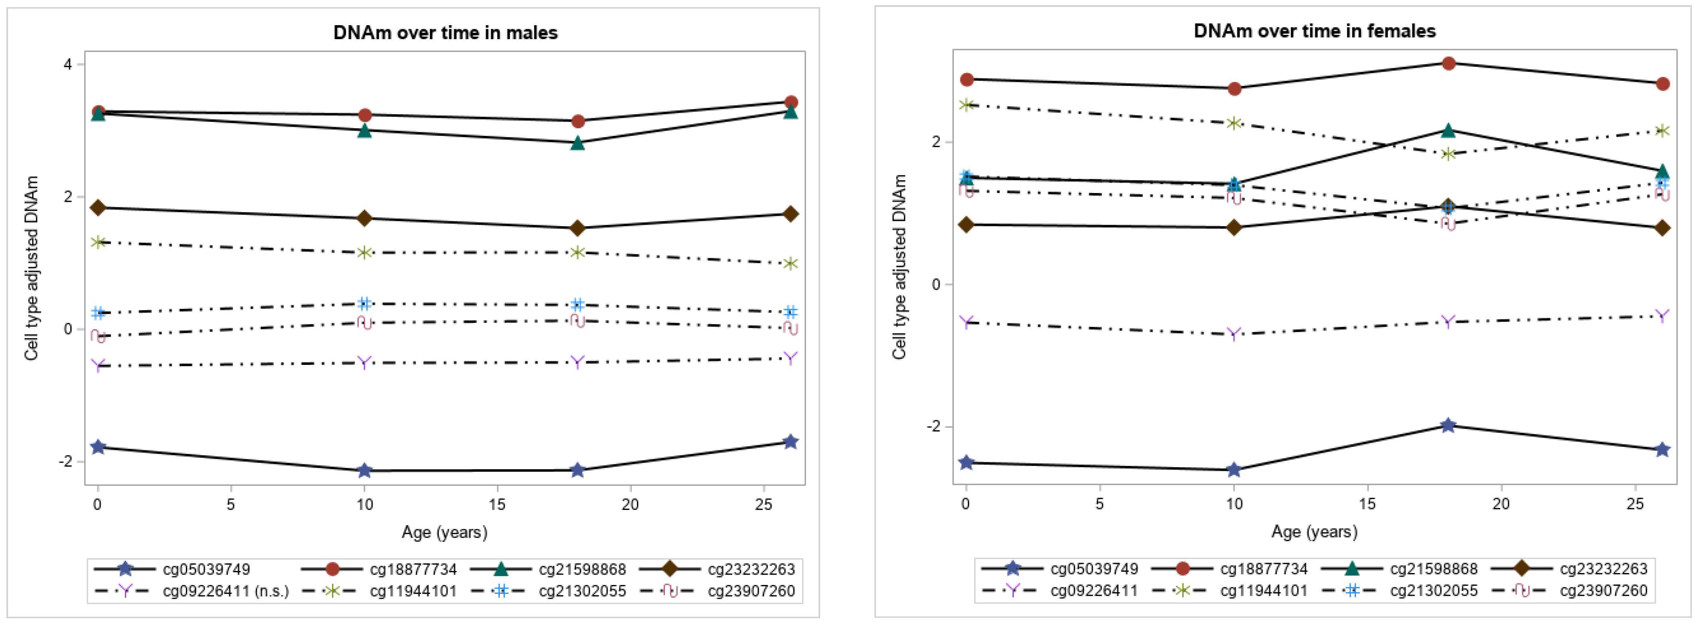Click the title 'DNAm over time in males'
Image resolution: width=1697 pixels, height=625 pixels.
point(445,32)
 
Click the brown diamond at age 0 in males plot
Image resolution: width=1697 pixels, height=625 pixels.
point(98,208)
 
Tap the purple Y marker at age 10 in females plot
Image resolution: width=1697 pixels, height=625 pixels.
point(1234,334)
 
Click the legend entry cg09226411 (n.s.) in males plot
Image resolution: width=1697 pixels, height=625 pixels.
point(225,591)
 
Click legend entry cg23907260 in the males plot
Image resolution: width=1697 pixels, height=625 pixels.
point(751,591)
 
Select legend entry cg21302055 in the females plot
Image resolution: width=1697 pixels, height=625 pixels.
point(1434,590)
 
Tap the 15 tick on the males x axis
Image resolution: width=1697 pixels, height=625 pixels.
point(497,504)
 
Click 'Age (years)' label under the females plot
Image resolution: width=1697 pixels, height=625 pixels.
point(1314,531)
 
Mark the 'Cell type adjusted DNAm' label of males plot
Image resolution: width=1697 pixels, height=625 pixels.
point(31,268)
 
